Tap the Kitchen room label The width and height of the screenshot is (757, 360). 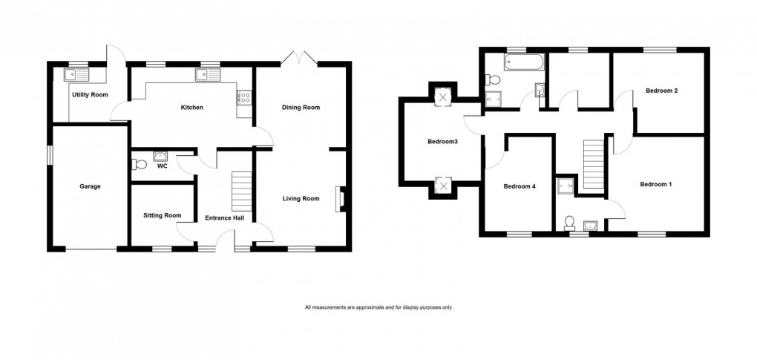coord(192,108)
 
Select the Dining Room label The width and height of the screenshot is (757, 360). coord(301,108)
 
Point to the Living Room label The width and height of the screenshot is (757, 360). coord(301,198)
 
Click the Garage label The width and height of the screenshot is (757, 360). coord(90,186)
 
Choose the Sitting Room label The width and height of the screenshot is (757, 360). coord(163,215)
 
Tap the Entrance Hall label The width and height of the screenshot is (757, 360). coord(224,218)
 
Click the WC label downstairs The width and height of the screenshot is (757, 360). coord(162,166)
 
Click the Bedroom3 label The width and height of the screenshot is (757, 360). coord(442,141)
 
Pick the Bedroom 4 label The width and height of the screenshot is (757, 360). coord(520,186)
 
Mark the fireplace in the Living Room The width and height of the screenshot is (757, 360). coord(341,198)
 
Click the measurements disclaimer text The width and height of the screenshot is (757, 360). coord(378,307)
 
